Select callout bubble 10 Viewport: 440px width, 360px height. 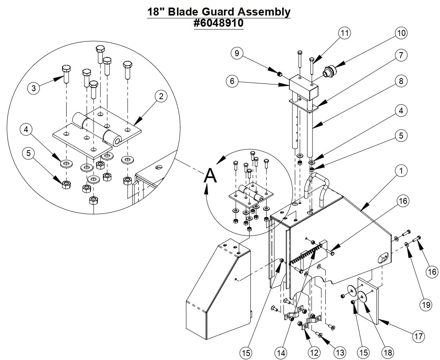tap(401, 33)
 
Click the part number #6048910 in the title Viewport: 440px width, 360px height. tap(218, 23)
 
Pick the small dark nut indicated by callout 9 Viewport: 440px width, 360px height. tap(280, 74)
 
